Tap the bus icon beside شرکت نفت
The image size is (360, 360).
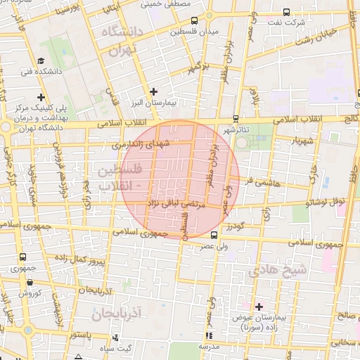click(286, 12)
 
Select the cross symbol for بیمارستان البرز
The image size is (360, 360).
click(154, 91)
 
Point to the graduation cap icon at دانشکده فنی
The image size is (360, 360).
click(41, 60)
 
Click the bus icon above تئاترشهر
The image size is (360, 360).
click(235, 119)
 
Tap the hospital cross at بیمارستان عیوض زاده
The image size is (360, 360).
click(259, 307)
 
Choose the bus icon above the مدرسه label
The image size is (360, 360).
click(208, 336)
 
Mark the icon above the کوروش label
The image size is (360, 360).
click(30, 282)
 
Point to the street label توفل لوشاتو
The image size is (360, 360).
click(326, 202)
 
